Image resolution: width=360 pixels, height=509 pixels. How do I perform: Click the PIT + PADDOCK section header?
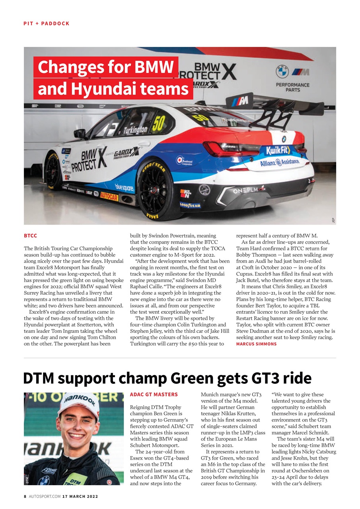47,23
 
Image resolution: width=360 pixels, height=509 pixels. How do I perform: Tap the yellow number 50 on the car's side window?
158,124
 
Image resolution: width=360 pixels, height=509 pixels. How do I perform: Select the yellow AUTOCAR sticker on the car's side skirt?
109,196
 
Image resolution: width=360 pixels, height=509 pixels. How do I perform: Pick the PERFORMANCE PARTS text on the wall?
292,87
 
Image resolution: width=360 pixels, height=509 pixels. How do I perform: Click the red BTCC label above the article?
31,236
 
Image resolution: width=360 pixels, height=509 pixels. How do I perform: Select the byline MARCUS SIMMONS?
256,344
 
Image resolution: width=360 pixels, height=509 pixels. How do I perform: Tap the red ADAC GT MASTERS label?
154,395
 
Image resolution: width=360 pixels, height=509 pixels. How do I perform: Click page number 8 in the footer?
25,496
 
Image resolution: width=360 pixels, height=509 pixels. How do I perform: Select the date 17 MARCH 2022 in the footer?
80,496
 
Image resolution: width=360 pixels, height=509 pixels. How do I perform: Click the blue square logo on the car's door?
124,187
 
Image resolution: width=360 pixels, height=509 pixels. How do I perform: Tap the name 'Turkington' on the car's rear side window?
135,130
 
